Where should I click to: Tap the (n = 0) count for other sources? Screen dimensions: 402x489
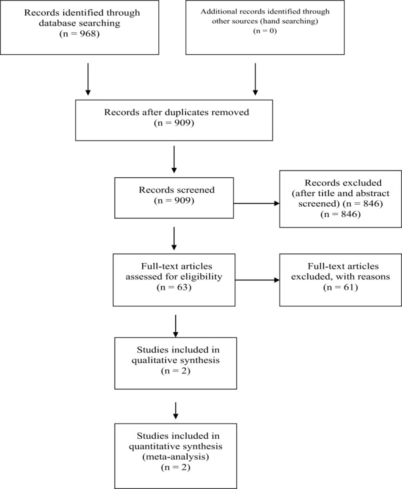pyautogui.click(x=265, y=31)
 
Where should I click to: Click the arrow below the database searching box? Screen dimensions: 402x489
pyautogui.click(x=88, y=79)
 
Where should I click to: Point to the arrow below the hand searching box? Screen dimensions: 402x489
pyautogui.click(x=255, y=79)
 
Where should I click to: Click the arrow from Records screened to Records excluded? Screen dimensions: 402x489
pyautogui.click(x=256, y=203)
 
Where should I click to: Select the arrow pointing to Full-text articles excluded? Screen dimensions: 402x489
pyautogui.click(x=257, y=280)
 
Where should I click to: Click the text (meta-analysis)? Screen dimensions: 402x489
pyautogui.click(x=176, y=457)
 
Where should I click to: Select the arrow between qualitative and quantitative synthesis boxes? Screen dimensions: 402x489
pyautogui.click(x=176, y=411)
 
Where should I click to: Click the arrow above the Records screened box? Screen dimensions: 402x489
pyautogui.click(x=174, y=159)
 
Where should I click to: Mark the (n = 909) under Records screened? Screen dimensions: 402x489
pyautogui.click(x=174, y=201)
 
